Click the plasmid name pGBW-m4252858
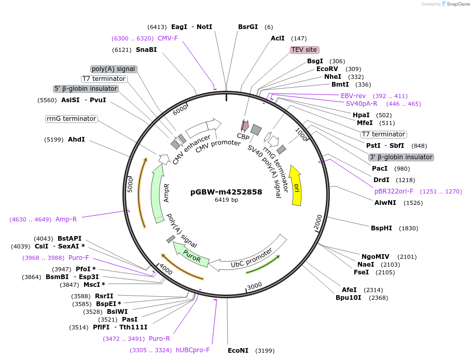coord(226,191)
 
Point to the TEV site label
coord(304,50)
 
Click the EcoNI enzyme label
coord(238,351)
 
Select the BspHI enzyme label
coord(381,228)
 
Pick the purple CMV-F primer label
coord(168,38)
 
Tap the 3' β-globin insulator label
coord(400,157)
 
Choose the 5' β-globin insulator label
coord(86,89)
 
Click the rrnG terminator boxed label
coord(72,119)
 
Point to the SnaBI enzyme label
coord(146,50)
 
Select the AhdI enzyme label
coord(76,140)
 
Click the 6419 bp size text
coord(226,200)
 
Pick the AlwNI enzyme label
coord(385,203)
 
